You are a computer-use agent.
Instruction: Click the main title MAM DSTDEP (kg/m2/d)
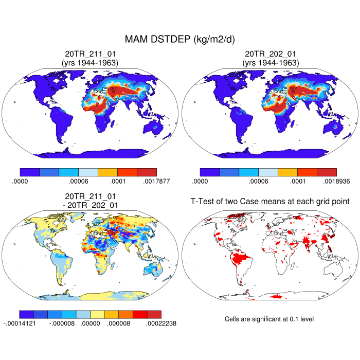coord(180,40)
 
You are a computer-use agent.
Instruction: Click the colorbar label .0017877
coord(156,181)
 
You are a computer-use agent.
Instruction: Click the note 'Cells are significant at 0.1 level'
coord(269,319)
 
